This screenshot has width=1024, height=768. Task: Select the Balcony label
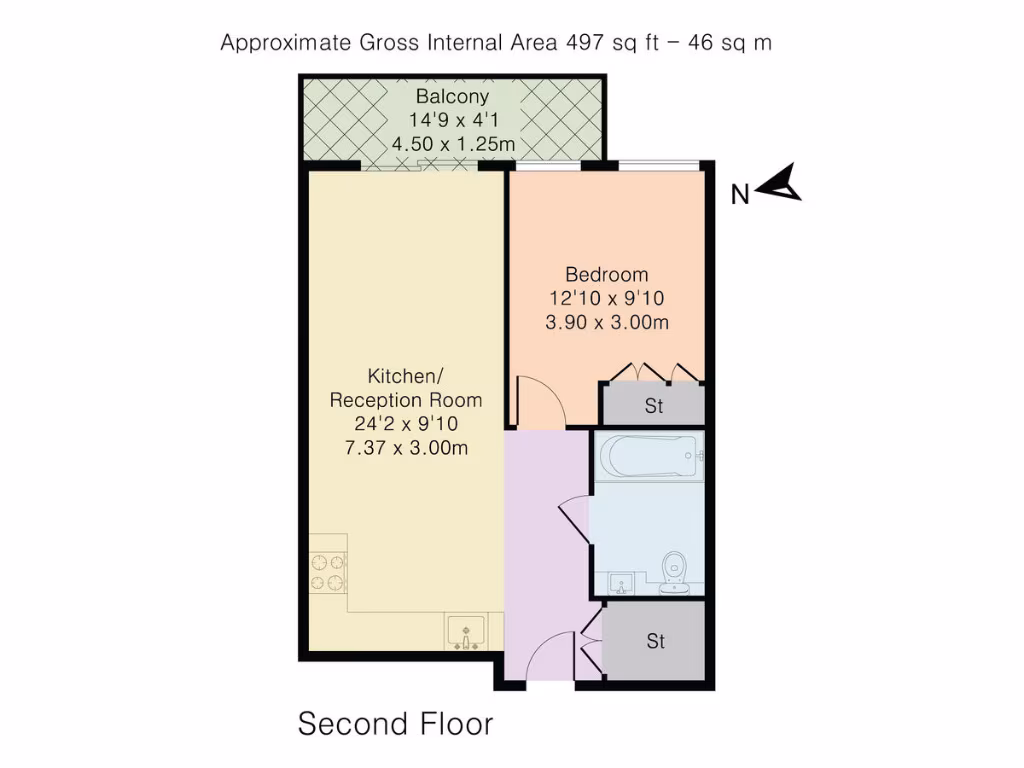click(452, 97)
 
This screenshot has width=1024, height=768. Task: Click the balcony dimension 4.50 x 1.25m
click(453, 145)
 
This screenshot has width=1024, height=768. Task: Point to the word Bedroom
click(606, 274)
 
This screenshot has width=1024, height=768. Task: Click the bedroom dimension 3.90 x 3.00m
click(606, 322)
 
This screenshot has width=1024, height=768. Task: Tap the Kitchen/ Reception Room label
click(405, 388)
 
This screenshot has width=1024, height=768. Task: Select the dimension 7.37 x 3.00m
click(406, 447)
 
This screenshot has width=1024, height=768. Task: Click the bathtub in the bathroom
click(647, 457)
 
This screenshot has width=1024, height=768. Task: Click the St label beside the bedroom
click(653, 407)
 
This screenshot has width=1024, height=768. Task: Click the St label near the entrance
click(655, 642)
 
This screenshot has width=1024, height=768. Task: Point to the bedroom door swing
click(540, 402)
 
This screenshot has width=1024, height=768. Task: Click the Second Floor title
click(396, 723)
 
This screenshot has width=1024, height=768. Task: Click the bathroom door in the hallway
click(574, 517)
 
